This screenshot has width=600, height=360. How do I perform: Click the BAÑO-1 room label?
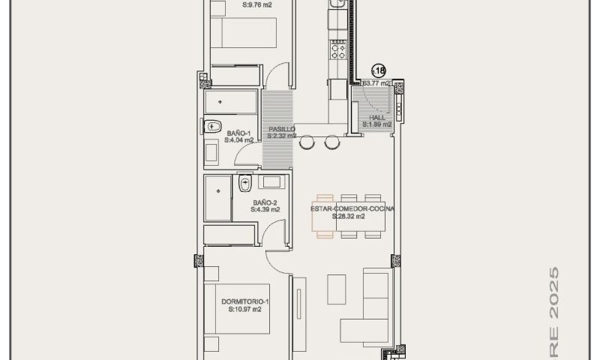(x=238, y=133)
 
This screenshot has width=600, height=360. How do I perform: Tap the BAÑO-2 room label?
(x=265, y=202)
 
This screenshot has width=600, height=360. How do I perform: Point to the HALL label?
(x=377, y=118)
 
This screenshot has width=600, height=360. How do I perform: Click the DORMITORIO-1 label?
(x=245, y=301)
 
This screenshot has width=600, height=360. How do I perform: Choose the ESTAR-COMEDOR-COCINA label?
(x=352, y=208)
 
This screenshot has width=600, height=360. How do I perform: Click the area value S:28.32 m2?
(x=349, y=217)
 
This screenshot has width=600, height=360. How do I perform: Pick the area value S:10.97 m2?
(x=245, y=309)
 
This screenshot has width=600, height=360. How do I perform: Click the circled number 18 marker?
(x=378, y=71)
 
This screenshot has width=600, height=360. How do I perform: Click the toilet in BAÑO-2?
(x=244, y=183)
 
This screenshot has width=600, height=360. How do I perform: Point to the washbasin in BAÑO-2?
(x=270, y=181)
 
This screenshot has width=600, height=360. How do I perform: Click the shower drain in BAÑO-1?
(x=219, y=100)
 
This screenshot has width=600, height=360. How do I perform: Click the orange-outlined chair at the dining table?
(x=325, y=226)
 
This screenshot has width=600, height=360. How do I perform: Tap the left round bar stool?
(x=307, y=142)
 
